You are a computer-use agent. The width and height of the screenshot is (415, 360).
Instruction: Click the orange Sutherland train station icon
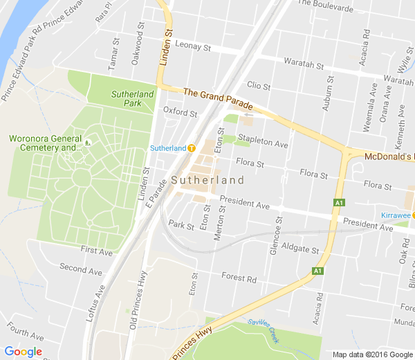tap(192, 147)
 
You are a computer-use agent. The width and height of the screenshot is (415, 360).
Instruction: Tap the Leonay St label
tap(192, 47)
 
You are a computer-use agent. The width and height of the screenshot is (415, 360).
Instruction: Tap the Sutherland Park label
tap(132, 98)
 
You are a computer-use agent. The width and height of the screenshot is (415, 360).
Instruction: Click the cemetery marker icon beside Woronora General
tap(88, 143)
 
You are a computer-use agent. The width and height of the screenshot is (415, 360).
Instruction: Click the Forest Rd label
tap(239, 278)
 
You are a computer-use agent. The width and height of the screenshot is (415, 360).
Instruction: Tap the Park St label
tap(181, 226)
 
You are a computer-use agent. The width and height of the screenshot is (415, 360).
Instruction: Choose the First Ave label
tap(95, 250)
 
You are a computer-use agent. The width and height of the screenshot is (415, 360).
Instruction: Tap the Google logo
tap(23, 352)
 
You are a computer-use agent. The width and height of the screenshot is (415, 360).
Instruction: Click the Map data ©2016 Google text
tap(371, 354)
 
